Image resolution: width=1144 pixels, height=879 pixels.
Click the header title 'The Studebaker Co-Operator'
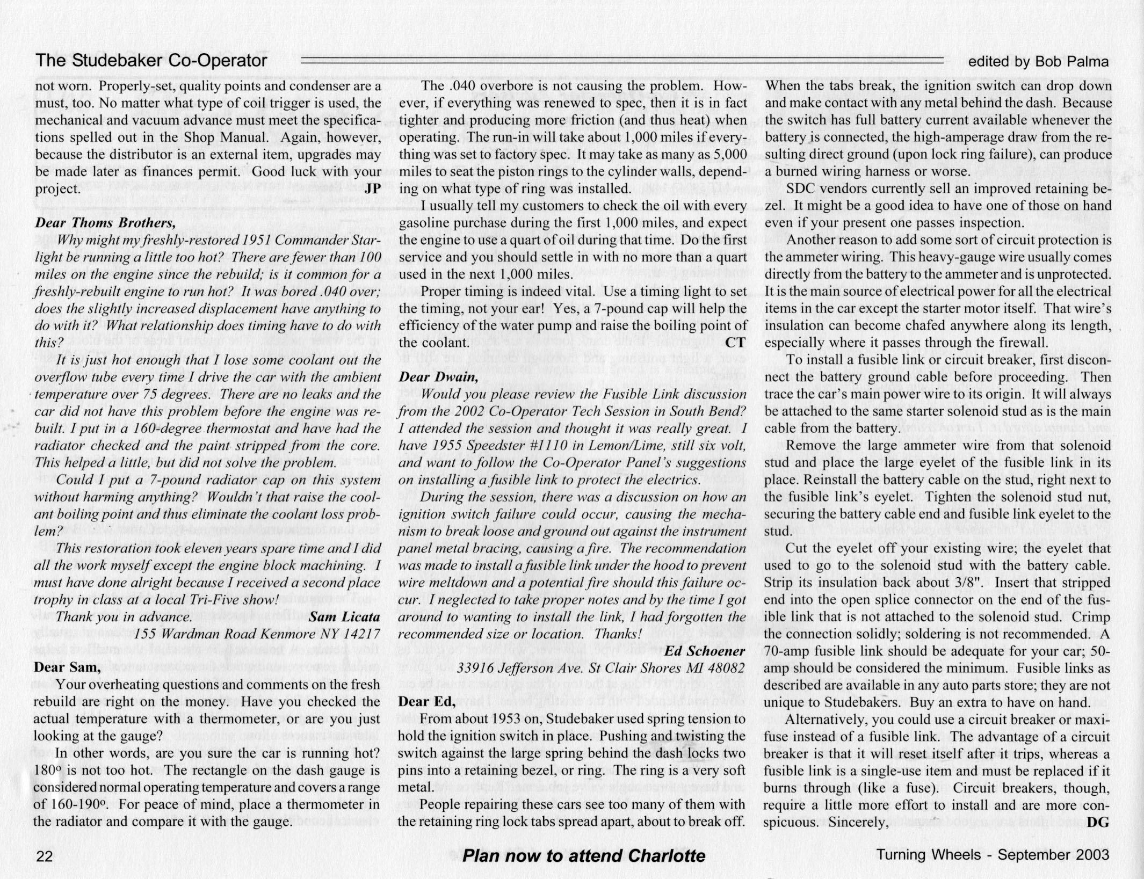pyautogui.click(x=151, y=61)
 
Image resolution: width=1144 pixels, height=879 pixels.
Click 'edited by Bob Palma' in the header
pyautogui.click(x=1038, y=62)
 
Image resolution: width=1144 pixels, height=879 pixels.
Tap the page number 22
pyautogui.click(x=44, y=856)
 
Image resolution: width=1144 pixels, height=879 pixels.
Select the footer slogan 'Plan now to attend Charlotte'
pyautogui.click(x=583, y=856)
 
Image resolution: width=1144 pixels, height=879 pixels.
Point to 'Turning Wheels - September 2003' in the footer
pyautogui.click(x=993, y=855)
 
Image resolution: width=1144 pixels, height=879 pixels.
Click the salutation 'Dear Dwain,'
pyautogui.click(x=438, y=377)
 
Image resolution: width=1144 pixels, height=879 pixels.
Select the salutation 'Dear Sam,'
pyautogui.click(x=67, y=667)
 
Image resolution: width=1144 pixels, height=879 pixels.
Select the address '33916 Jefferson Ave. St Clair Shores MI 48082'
pyautogui.click(x=601, y=669)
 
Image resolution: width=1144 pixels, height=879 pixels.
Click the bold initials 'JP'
pyautogui.click(x=372, y=189)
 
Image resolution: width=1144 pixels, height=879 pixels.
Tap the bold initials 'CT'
pyautogui.click(x=736, y=343)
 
